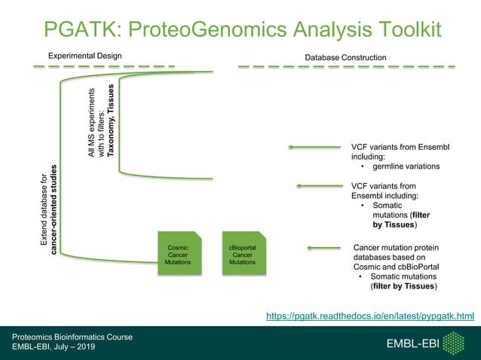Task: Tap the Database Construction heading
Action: click(345, 57)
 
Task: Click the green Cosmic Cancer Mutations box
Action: click(178, 255)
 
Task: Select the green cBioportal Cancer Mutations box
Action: click(243, 255)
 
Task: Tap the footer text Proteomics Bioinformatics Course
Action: click(72, 337)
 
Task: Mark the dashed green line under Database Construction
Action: click(346, 67)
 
